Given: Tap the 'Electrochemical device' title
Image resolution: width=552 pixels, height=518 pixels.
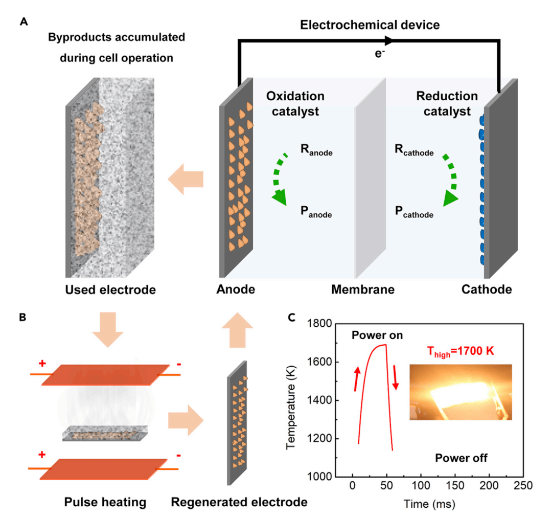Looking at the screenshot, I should click(x=369, y=24).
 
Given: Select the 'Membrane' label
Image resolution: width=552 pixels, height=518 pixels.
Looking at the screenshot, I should click(x=363, y=290).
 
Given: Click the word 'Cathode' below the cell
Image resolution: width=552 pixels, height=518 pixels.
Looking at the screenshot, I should click(x=487, y=290).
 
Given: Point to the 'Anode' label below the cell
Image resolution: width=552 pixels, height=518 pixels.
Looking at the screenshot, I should click(x=235, y=290).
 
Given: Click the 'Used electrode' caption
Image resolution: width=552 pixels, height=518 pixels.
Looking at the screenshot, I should click(x=110, y=290).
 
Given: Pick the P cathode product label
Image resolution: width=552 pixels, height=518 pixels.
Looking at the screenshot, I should click(x=414, y=213).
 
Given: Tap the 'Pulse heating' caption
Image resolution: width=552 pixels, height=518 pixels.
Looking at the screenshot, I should click(x=105, y=503).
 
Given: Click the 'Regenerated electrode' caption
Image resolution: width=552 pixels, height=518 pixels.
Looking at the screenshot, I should click(x=239, y=503).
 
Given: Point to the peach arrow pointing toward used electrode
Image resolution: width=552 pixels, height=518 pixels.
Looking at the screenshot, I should click(x=186, y=179).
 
